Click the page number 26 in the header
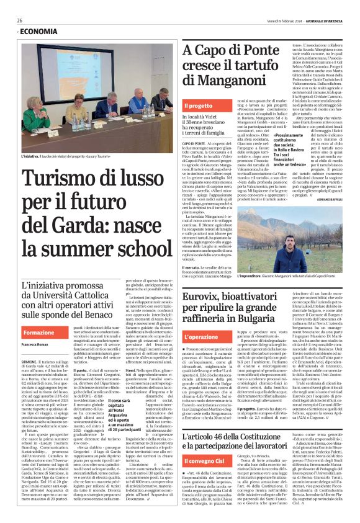[x=20, y=20]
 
